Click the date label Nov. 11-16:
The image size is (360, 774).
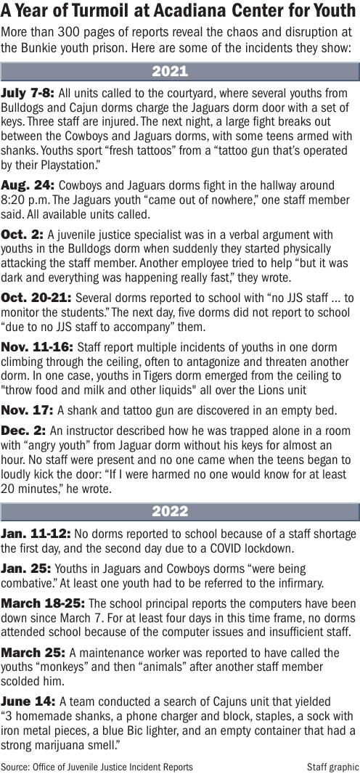click(37, 348)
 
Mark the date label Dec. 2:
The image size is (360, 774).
click(24, 429)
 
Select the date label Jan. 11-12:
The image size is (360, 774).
click(36, 534)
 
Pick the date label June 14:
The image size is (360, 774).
click(28, 701)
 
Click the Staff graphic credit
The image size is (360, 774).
click(332, 766)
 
